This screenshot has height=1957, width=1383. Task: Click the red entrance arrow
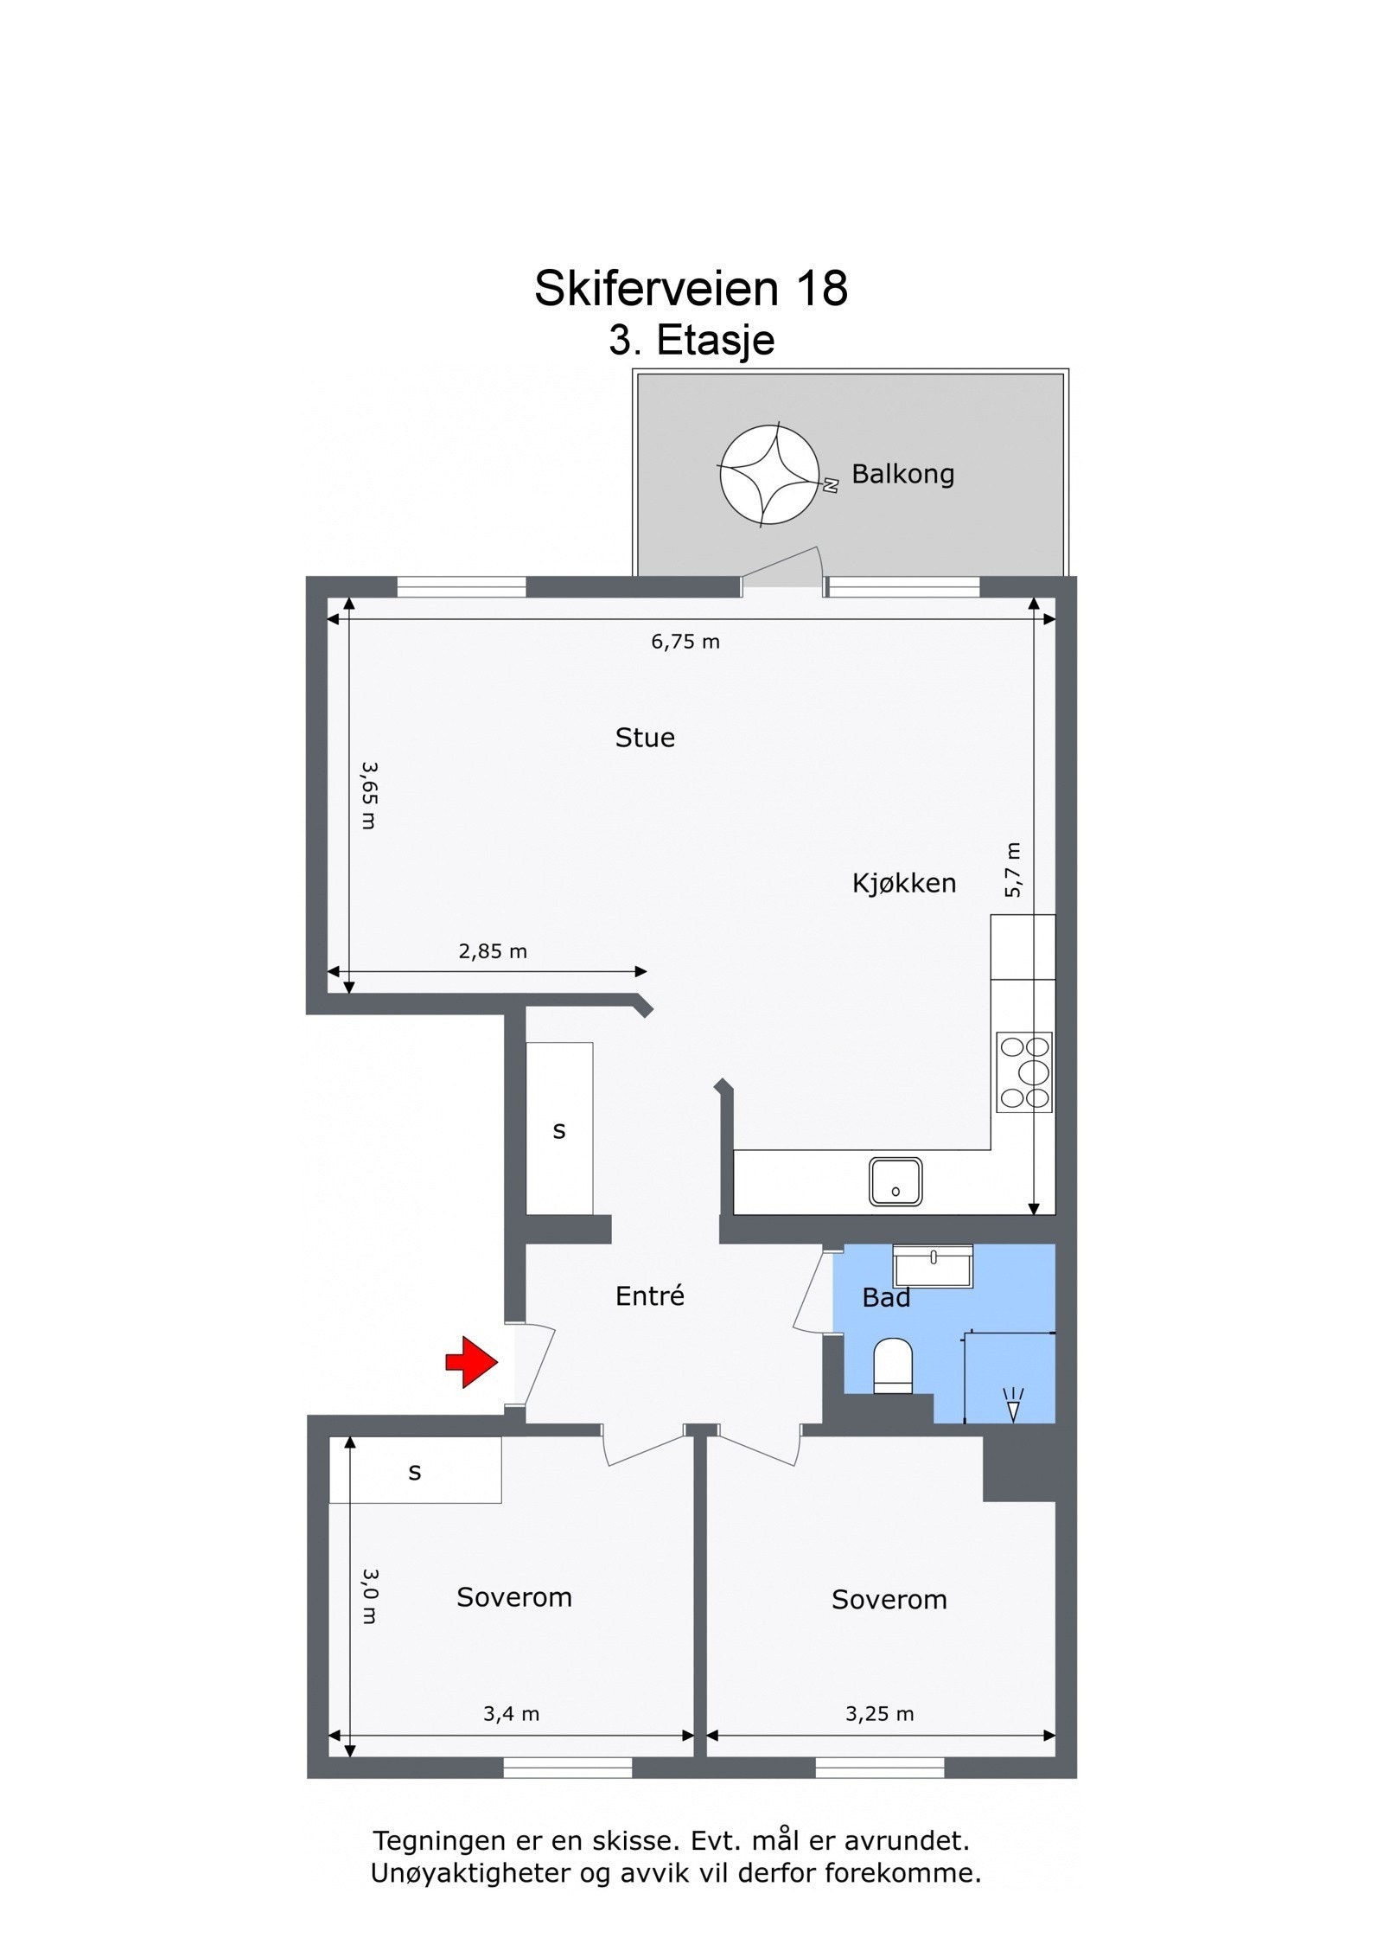[x=471, y=1362]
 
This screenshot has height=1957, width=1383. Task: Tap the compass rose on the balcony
[x=768, y=475]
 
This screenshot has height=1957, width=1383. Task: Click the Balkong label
[x=902, y=474]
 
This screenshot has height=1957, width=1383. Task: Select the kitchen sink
[x=895, y=1181]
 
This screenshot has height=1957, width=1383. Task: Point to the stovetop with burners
[x=1023, y=1072]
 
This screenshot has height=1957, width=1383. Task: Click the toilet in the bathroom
[x=893, y=1365]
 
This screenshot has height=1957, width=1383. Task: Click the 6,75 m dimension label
[x=685, y=642]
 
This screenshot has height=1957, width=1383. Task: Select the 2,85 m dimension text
[x=492, y=951]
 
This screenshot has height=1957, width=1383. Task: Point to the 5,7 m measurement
[x=1013, y=869]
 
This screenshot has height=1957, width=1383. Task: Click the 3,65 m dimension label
[x=369, y=795]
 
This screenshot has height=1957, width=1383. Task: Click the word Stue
[x=645, y=738]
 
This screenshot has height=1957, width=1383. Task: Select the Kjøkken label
[x=903, y=883]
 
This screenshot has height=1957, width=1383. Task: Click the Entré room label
[x=649, y=1295]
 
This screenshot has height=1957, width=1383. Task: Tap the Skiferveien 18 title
[x=691, y=288]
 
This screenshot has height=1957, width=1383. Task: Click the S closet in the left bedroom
[x=415, y=1471]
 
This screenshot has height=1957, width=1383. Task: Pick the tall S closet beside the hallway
[x=559, y=1129]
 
